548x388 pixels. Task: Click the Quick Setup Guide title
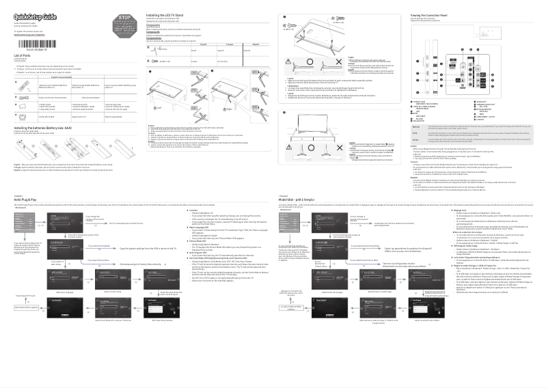(x=38, y=15)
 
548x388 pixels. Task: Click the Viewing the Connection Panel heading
(x=437, y=14)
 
